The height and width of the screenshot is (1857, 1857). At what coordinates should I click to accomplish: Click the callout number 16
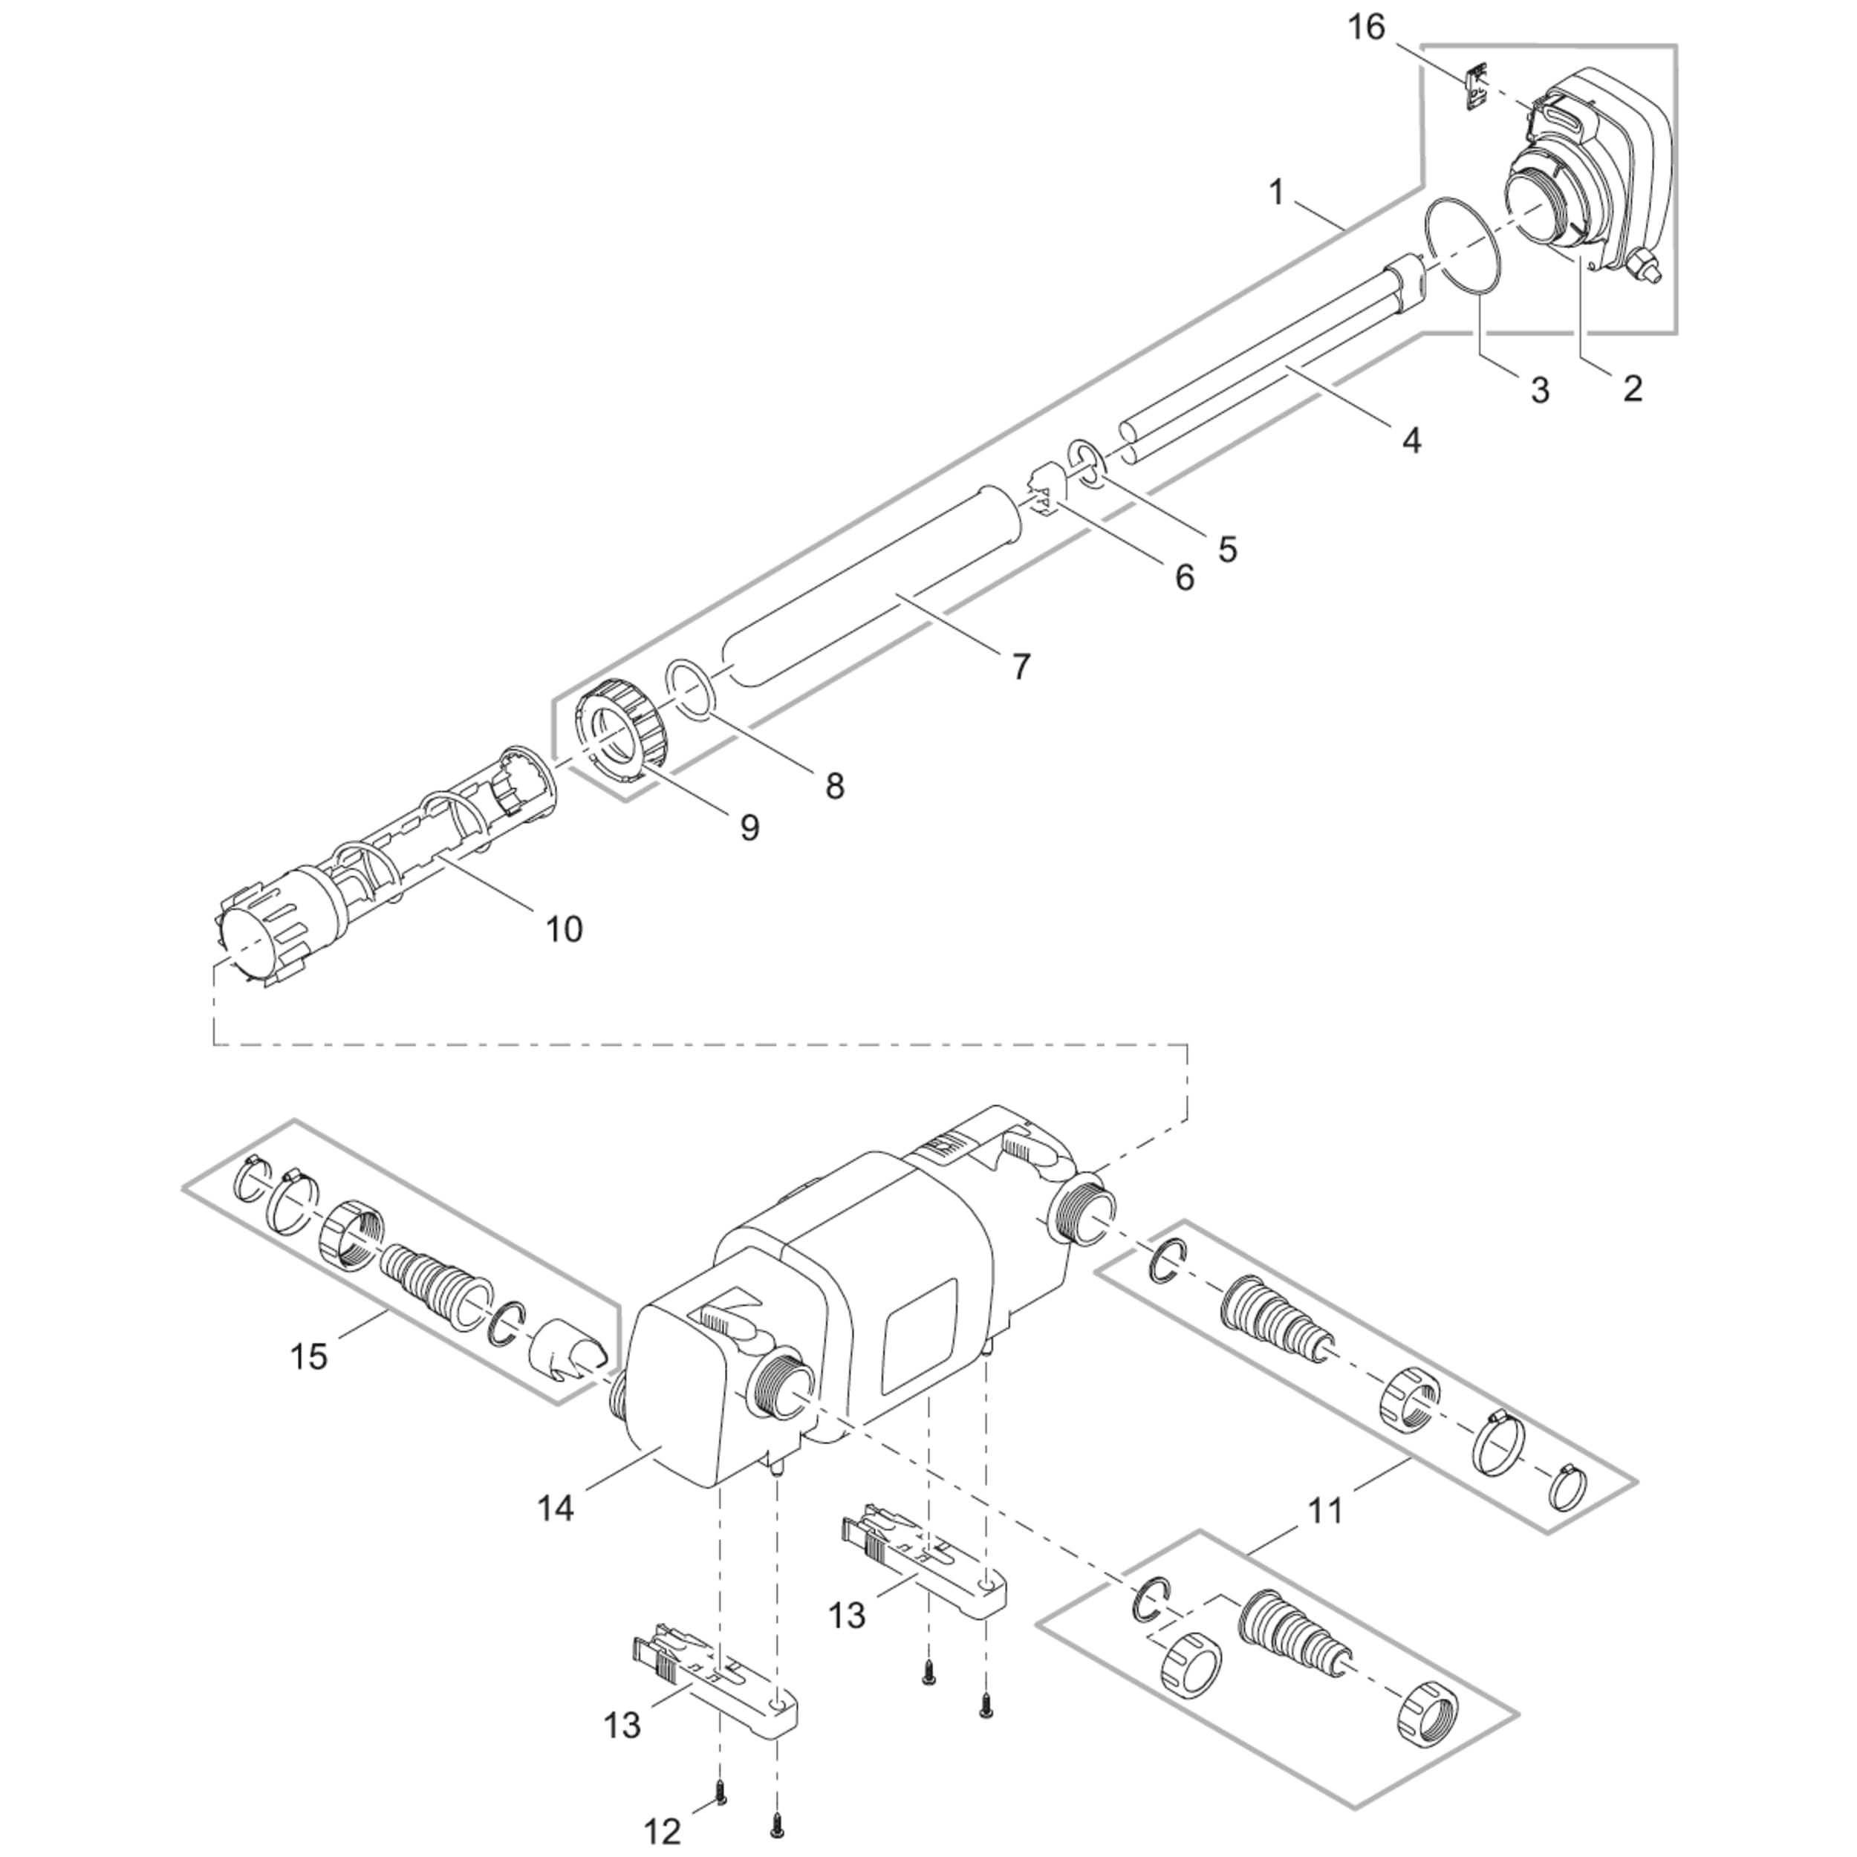tap(1366, 28)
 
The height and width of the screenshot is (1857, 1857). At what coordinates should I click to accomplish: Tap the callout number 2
tap(1632, 388)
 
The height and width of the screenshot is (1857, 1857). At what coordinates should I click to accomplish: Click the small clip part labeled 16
tap(1474, 88)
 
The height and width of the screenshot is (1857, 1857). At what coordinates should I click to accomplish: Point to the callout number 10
tap(565, 928)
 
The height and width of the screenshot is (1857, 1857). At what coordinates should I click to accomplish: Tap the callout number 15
tap(310, 1356)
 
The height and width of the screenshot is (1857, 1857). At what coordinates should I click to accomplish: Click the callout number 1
tap(1276, 193)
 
